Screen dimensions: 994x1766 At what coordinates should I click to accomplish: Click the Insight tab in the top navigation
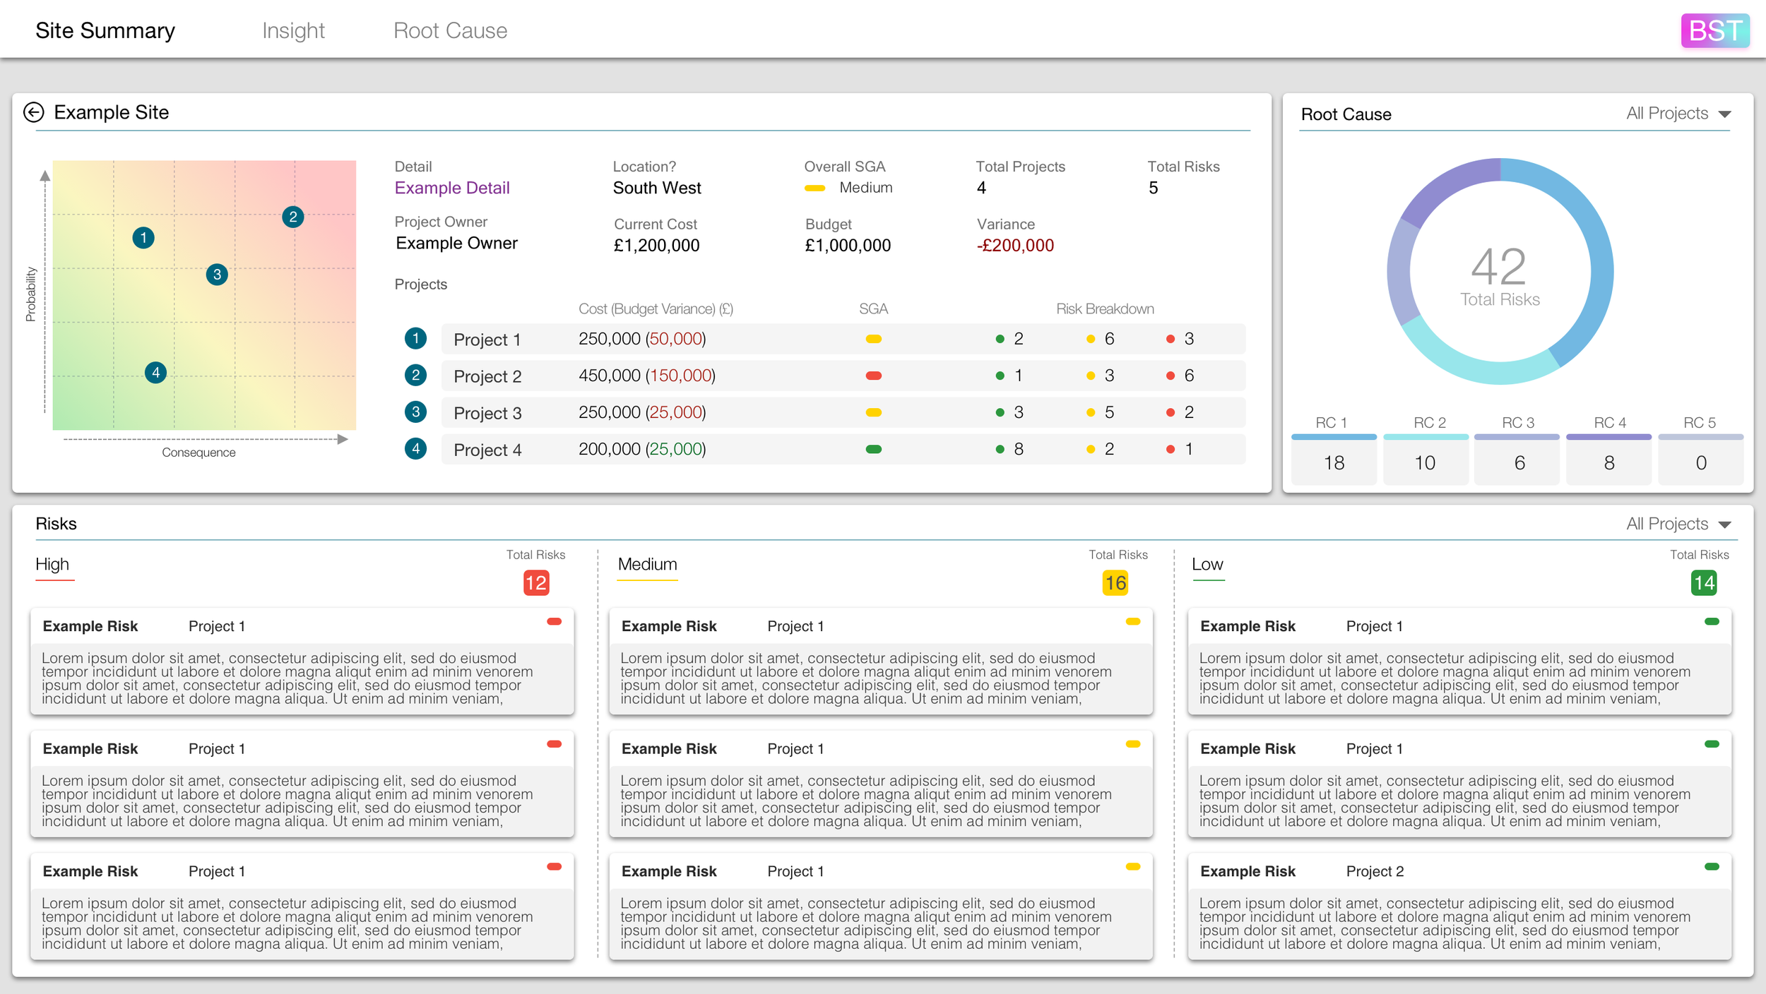(293, 30)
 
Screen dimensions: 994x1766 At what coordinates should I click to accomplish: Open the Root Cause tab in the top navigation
(450, 30)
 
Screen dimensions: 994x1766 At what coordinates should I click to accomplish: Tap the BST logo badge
(1714, 30)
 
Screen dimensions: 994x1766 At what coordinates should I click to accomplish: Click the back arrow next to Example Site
(34, 112)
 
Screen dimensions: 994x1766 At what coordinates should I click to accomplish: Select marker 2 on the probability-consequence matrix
(292, 217)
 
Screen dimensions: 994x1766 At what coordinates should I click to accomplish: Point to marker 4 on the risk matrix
(155, 372)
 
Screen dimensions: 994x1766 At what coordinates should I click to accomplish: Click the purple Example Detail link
(452, 188)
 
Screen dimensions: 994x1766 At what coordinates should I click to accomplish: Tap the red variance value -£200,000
(1015, 245)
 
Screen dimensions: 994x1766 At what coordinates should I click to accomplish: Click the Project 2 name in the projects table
(487, 376)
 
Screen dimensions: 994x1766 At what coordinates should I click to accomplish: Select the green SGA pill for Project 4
(873, 449)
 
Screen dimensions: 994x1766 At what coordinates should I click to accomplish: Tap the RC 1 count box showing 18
(1334, 462)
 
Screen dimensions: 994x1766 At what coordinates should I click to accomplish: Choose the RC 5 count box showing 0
(1700, 462)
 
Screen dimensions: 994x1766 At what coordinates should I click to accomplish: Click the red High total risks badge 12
(535, 583)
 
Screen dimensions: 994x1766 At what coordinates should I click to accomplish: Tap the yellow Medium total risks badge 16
(1115, 583)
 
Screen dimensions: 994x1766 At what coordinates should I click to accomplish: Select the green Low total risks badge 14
(1703, 583)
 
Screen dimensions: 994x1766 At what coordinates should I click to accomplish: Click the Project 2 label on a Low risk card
(1375, 871)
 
